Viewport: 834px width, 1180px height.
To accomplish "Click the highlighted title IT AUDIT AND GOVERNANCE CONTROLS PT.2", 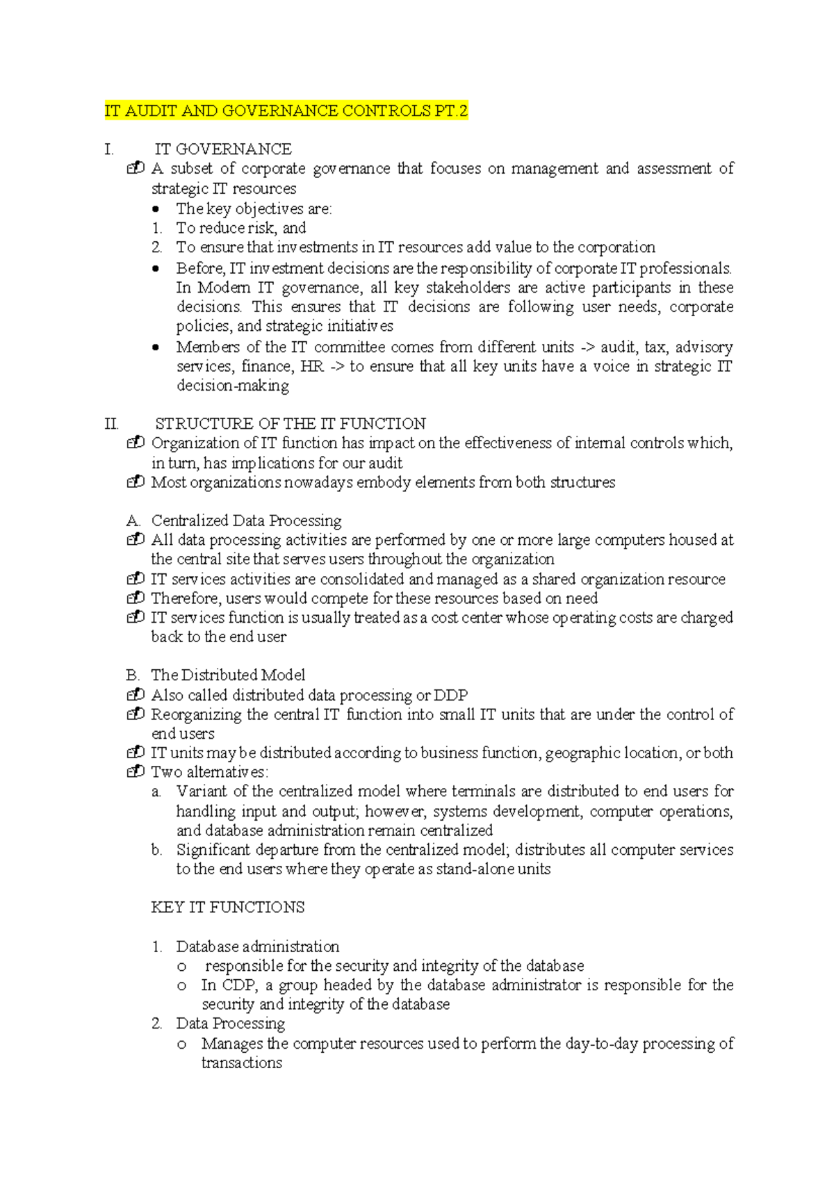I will point(286,111).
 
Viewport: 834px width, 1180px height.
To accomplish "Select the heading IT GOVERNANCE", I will point(223,149).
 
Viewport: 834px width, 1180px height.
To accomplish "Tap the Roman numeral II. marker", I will point(111,424).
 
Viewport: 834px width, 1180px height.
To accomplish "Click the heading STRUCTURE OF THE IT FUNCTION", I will point(290,424).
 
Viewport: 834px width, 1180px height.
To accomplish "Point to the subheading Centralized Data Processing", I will point(246,521).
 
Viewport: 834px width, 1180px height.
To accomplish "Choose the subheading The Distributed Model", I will point(228,675).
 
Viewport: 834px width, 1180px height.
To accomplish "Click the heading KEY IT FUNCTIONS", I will point(227,908).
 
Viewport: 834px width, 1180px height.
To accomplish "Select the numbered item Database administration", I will point(257,947).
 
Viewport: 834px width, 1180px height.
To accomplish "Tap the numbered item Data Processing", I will point(230,1024).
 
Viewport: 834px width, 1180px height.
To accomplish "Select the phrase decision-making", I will point(233,386).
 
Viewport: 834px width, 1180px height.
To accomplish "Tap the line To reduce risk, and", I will point(240,228).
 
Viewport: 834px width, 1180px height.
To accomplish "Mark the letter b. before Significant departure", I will point(156,850).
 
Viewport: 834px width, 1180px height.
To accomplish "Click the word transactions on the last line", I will point(241,1063).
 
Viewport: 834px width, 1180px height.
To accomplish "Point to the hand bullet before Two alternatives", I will point(136,771).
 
